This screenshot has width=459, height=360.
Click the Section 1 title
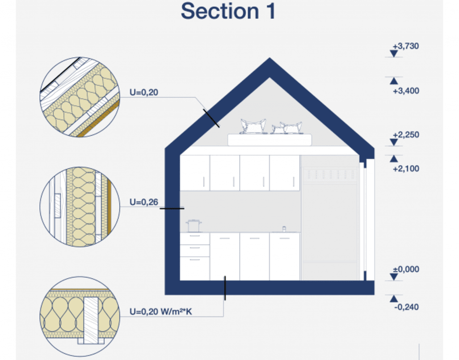click(228, 11)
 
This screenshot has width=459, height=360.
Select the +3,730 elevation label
click(406, 46)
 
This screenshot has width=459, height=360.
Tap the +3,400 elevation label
click(406, 91)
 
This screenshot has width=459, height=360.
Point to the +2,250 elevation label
click(406, 135)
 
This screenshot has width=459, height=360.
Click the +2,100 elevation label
click(406, 169)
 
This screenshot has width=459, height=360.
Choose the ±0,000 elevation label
click(406, 269)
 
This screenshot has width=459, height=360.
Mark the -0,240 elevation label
click(406, 307)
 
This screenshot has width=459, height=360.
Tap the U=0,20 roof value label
click(144, 93)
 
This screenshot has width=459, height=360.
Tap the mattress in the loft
click(270, 139)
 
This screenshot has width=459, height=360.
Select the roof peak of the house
click(270, 62)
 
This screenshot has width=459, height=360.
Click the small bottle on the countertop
click(284, 228)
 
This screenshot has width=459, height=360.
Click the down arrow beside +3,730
click(393, 54)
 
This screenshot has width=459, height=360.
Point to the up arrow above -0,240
click(393, 299)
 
